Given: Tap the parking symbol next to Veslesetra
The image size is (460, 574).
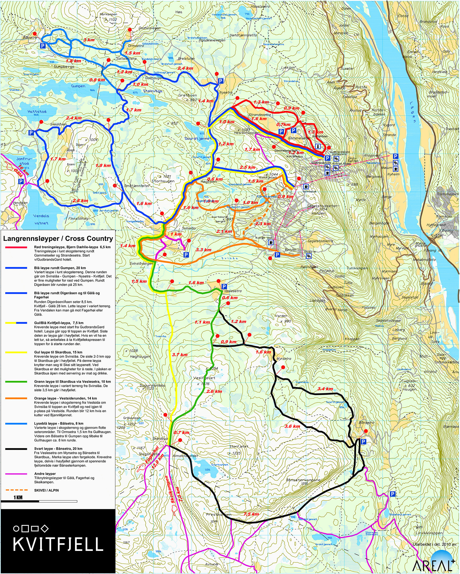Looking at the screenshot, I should [224, 286].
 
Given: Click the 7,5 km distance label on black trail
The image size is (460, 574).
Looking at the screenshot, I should [251, 514].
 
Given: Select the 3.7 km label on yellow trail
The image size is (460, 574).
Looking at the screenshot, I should [180, 355].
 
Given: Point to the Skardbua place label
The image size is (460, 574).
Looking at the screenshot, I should [160, 438].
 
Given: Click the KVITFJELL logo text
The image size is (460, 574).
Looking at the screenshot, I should [58, 544].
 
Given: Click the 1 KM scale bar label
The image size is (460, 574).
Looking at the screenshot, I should [18, 497].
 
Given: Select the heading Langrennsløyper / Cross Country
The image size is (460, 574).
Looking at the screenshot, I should [58, 239].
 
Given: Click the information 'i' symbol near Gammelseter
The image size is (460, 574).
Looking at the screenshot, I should [318, 146].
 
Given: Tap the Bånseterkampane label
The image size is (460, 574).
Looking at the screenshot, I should [303, 480].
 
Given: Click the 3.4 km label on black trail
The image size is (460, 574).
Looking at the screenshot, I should [325, 389].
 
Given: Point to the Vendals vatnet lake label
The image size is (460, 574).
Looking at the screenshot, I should [41, 219].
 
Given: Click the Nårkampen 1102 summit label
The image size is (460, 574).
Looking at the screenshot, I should [109, 17].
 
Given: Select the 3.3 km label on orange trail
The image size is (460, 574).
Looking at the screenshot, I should [204, 250].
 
